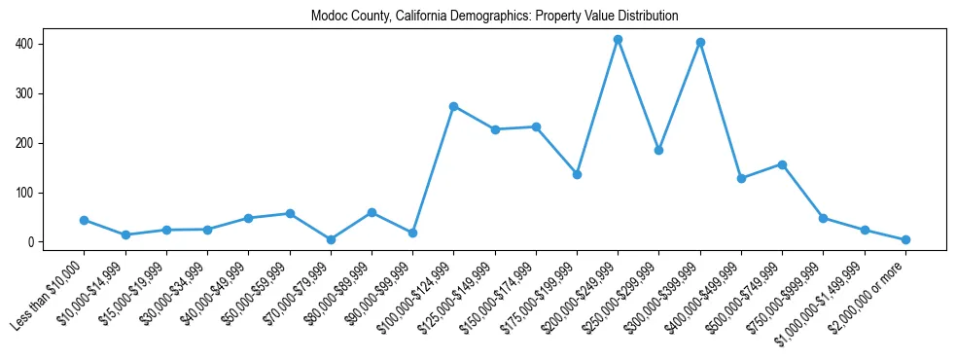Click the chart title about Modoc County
(494, 17)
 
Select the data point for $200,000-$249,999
(618, 40)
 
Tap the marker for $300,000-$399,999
(700, 43)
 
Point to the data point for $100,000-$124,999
(453, 106)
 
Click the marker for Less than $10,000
(84, 220)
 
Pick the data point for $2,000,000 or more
(905, 239)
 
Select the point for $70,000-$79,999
(331, 239)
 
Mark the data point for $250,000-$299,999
(658, 151)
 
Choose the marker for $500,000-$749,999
(782, 164)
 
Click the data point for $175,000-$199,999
(577, 174)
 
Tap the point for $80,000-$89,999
(372, 212)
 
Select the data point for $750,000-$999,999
(823, 218)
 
